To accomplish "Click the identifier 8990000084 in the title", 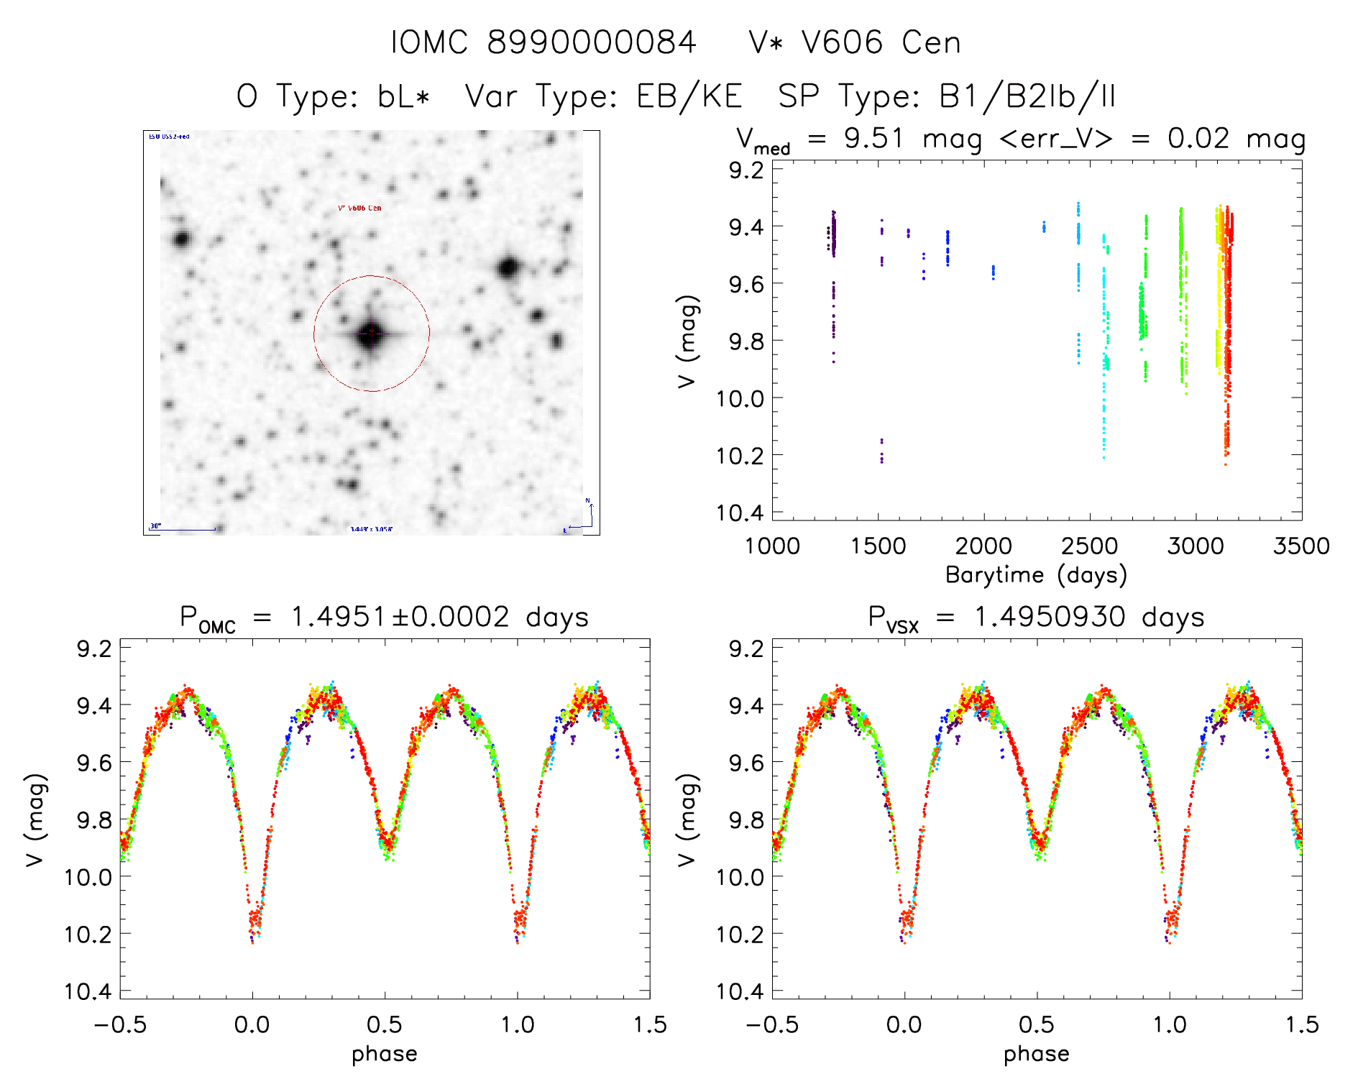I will [x=591, y=42].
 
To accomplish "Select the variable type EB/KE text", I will [x=689, y=96].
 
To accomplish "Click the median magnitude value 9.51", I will [x=873, y=138].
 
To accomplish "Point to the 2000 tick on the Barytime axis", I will [x=983, y=546].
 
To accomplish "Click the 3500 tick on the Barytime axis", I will [x=1301, y=546].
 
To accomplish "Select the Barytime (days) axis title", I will [x=1036, y=575].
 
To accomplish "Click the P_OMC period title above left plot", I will [x=384, y=618].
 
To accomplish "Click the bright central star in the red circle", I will [x=370, y=334].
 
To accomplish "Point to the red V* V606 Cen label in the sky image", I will [x=359, y=208].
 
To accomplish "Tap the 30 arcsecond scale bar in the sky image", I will [x=183, y=529].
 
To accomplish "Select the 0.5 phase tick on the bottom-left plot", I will [x=384, y=1024].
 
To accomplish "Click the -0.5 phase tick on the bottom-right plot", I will [x=772, y=1024].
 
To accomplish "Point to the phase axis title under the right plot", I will [x=1036, y=1054].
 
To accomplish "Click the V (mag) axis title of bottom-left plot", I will [x=36, y=820].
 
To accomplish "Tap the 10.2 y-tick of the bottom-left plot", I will [x=87, y=934].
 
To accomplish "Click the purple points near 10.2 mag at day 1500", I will [x=881, y=451].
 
